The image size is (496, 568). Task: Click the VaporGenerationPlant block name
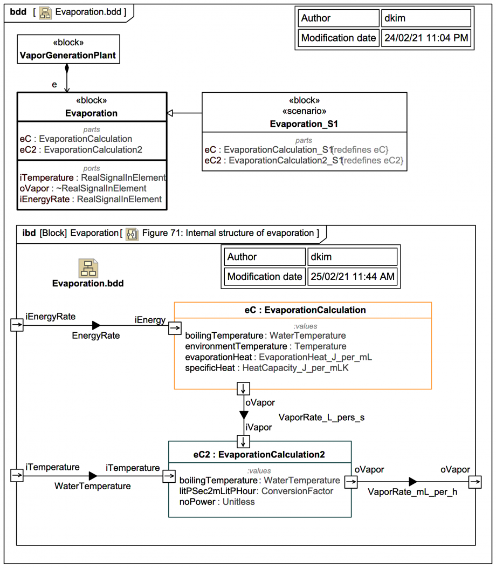pos(68,56)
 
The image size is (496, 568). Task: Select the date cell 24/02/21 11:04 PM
pos(426,38)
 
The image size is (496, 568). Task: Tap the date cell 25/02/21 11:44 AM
pos(352,276)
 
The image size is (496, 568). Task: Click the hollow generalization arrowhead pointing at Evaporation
pos(170,113)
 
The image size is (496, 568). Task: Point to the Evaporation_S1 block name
pos(304,124)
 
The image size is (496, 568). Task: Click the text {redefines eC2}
pos(372,160)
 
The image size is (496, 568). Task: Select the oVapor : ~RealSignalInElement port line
pos(83,188)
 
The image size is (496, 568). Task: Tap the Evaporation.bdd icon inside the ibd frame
pos(88,268)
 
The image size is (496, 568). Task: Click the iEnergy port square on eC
pos(175,328)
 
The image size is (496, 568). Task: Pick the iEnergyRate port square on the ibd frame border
pos(17,325)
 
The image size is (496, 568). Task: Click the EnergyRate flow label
pos(95,336)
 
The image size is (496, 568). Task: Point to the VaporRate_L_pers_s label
pos(321,418)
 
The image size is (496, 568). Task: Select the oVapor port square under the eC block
pos(243,389)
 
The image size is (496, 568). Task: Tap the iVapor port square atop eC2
pos(243,442)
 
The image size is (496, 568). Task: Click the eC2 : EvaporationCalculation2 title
pos(259,455)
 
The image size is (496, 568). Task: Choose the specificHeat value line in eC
pos(267,368)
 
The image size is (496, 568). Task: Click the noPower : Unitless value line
pos(217,502)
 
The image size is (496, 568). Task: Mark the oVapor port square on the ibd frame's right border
pos(475,482)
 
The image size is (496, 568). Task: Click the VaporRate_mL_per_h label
pos(412,492)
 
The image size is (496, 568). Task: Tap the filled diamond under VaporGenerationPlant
pos(67,69)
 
